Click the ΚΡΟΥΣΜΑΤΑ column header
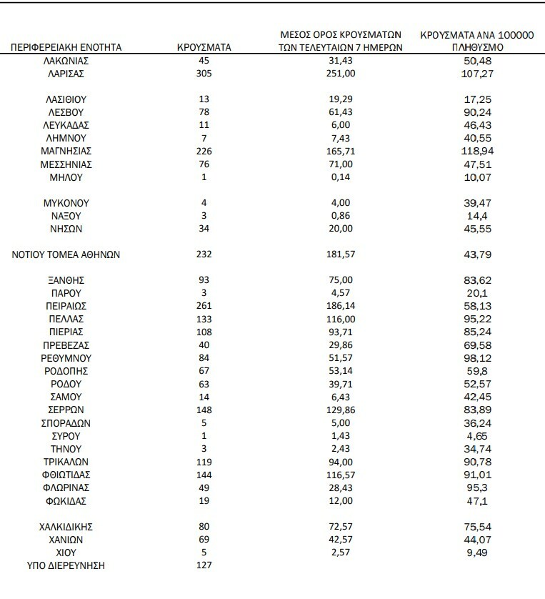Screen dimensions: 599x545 (x=203, y=48)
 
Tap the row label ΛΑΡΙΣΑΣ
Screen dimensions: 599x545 (x=66, y=74)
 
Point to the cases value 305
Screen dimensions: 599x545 (x=204, y=74)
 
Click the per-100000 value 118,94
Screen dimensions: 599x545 (x=479, y=152)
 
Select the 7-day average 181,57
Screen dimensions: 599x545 (x=341, y=254)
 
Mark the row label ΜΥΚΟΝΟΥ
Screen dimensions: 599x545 (x=66, y=203)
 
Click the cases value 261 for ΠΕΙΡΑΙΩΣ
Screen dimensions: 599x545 (x=204, y=306)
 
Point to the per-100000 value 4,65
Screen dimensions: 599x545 (x=479, y=435)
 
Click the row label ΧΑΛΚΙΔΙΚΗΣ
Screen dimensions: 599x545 (x=66, y=527)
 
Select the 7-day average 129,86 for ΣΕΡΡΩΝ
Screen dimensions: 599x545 (x=341, y=410)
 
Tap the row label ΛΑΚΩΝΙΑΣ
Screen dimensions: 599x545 (x=66, y=61)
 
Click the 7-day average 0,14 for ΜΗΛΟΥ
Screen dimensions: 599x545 (x=341, y=177)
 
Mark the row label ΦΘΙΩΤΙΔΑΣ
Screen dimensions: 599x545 (x=66, y=474)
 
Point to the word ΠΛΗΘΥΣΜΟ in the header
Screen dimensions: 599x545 (x=479, y=48)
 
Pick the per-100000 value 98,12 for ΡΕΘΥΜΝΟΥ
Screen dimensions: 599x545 (x=479, y=357)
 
